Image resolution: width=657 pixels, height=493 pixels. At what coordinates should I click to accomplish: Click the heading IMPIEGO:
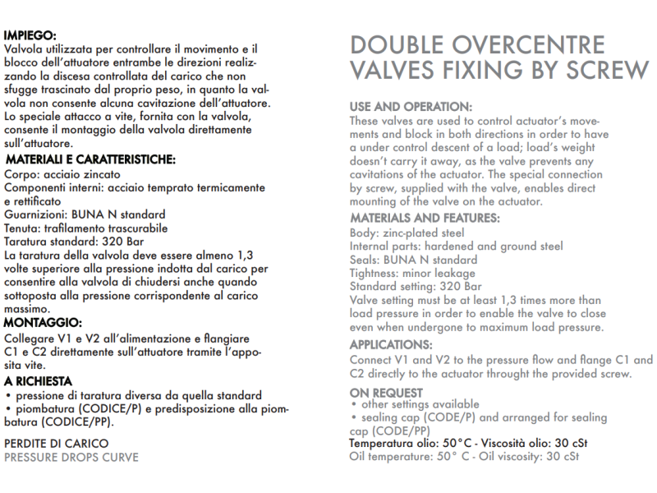point(30,36)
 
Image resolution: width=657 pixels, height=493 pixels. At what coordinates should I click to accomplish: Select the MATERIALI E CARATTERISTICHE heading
point(90,160)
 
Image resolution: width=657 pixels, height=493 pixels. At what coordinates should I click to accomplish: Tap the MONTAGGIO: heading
point(43,323)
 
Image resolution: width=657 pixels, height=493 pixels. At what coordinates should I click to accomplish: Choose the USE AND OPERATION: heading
point(411,108)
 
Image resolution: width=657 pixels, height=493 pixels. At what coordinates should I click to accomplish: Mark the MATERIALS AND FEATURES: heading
point(425,219)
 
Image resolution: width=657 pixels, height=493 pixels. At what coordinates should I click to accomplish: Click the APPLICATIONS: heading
point(391,345)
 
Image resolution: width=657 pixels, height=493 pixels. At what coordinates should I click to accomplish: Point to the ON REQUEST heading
point(387,392)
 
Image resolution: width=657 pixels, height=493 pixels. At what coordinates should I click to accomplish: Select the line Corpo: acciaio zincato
point(62,175)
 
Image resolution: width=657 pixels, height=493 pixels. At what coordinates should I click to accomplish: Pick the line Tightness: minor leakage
point(412,274)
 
